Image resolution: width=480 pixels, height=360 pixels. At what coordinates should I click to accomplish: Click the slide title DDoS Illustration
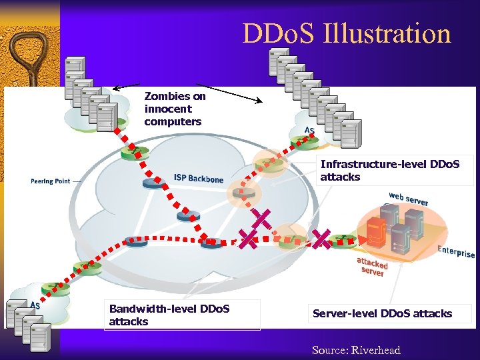(x=347, y=33)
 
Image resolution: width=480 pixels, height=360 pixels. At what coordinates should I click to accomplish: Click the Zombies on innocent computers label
(x=175, y=109)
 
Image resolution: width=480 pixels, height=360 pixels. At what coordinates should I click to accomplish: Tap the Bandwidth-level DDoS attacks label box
(x=183, y=315)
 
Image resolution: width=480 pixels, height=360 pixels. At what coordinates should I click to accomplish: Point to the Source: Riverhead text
(x=356, y=350)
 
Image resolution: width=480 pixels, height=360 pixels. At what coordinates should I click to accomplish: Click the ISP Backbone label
(x=198, y=178)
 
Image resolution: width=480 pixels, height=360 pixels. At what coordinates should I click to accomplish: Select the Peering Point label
(x=50, y=181)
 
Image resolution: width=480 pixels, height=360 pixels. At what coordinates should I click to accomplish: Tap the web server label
(x=409, y=198)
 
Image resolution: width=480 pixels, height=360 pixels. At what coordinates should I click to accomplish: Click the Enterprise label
(x=456, y=251)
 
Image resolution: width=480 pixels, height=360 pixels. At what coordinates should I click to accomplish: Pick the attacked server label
(x=371, y=266)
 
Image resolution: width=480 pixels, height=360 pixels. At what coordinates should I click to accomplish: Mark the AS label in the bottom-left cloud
(x=35, y=305)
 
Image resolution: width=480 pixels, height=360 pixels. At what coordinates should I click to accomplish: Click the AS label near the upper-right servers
(x=309, y=130)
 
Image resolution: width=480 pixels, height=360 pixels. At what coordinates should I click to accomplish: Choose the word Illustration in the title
(x=387, y=33)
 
